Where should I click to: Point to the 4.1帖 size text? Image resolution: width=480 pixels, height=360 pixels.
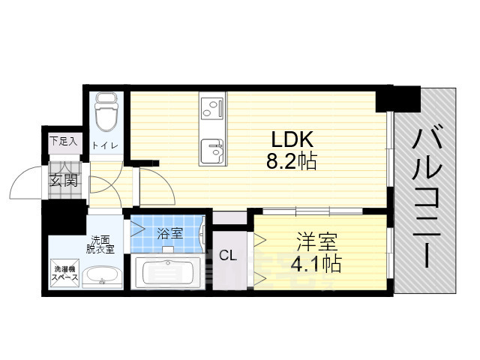317,263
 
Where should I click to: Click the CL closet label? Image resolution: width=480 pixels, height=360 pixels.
228,256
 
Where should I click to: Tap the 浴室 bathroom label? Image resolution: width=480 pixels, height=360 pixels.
169,233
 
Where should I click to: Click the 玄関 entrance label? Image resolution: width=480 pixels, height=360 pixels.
64,180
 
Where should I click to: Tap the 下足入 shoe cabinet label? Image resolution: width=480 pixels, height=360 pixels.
63,140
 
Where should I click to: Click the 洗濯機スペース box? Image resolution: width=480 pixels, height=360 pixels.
63,273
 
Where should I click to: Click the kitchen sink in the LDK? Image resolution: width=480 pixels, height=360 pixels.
212,149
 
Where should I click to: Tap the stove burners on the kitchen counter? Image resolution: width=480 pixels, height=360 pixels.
211,107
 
